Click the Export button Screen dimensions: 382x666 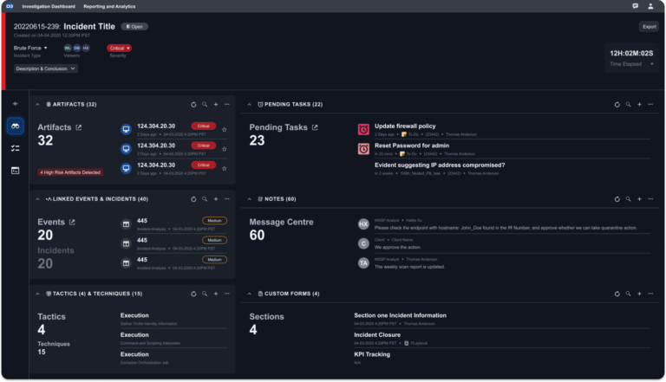(648, 27)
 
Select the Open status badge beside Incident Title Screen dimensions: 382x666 (135, 27)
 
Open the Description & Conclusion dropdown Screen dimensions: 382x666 (46, 68)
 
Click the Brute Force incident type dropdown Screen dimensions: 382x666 (32, 48)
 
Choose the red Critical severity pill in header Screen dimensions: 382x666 (119, 48)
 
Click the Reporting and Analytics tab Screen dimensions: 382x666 (109, 6)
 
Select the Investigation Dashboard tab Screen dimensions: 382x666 (49, 6)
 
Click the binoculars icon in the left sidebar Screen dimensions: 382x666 (15, 126)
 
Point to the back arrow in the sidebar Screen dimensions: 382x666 (15, 104)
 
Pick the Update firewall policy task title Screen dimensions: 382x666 (405, 126)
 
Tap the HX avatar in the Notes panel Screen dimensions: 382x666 (364, 223)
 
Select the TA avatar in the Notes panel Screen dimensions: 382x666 (364, 262)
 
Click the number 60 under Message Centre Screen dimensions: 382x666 (258, 236)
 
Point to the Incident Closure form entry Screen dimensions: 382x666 (377, 334)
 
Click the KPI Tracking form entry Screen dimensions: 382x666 (373, 353)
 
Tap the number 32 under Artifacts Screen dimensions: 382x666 (46, 141)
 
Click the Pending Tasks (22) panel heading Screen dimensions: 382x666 (295, 104)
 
